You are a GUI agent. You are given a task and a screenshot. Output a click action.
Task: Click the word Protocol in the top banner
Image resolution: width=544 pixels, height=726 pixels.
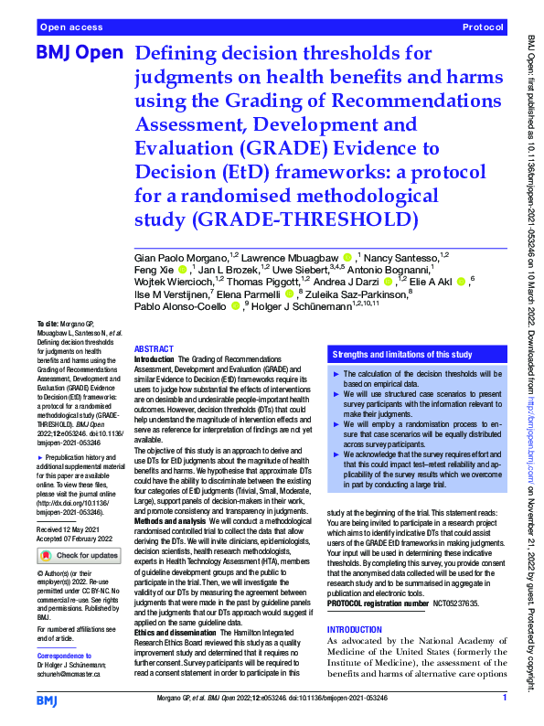(x=485, y=28)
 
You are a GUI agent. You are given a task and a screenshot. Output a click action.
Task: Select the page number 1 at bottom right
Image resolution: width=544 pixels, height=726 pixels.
(x=504, y=699)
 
